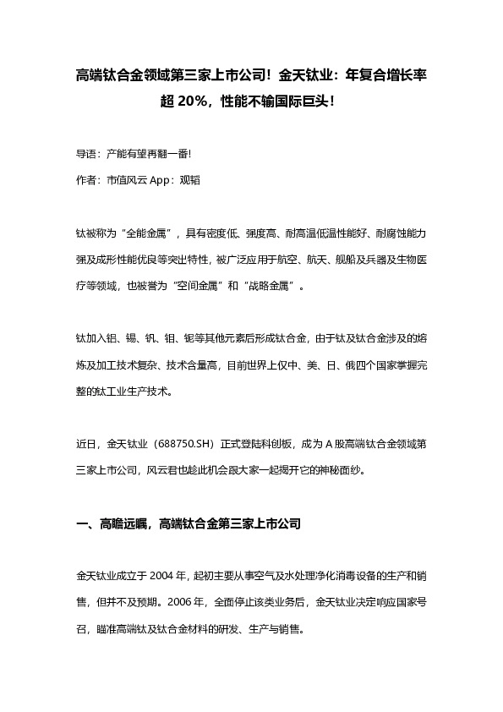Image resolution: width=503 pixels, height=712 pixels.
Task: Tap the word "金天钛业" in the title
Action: [309, 75]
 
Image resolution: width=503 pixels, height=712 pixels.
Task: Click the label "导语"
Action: [87, 156]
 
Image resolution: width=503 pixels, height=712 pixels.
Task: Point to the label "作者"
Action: [87, 180]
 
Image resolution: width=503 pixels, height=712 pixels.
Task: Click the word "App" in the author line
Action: [161, 180]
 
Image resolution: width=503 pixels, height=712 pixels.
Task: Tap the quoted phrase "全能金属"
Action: [146, 232]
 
